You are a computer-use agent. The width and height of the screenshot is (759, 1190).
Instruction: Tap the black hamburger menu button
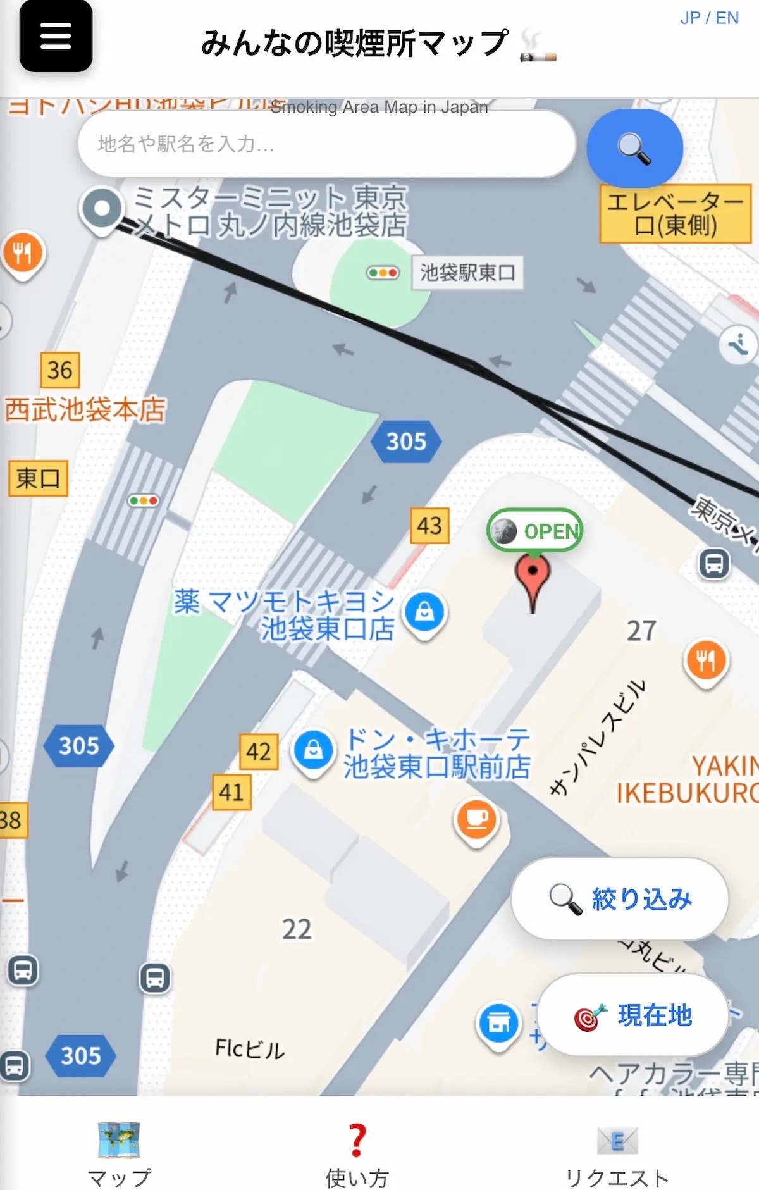[56, 36]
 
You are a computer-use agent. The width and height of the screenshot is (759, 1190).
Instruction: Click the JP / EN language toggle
[709, 18]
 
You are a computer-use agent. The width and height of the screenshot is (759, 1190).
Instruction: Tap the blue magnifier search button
[634, 148]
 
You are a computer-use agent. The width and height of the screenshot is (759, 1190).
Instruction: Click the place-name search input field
[326, 144]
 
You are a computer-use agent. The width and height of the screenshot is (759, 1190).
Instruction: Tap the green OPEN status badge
[535, 531]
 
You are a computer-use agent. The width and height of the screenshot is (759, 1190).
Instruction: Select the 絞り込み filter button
[619, 898]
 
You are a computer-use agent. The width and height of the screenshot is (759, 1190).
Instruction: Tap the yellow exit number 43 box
[429, 525]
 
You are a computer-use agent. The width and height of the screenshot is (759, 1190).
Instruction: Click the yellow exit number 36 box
[60, 370]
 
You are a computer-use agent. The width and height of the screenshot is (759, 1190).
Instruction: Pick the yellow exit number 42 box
[259, 752]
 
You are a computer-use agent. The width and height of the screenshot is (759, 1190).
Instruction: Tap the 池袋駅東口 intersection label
[467, 273]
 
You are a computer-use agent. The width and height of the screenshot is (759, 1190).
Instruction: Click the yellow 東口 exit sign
[38, 478]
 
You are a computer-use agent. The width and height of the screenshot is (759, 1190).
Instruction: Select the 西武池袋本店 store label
[85, 409]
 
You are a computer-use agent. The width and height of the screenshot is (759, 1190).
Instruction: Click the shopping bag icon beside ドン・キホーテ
[313, 751]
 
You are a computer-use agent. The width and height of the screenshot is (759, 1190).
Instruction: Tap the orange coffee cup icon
[476, 819]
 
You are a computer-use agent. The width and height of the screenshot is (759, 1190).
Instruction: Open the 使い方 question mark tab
[357, 1152]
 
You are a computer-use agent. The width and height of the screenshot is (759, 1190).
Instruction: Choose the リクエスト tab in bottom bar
[617, 1152]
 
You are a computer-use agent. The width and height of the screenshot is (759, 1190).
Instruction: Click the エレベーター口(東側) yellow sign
[675, 214]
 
